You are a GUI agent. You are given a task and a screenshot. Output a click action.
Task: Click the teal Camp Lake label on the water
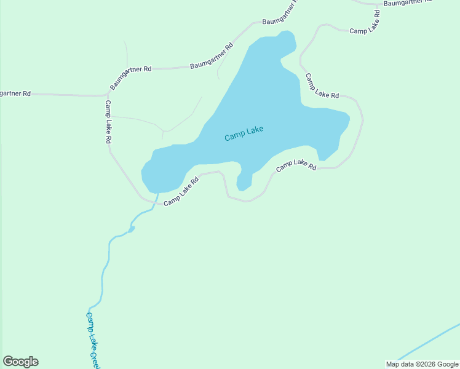pyautogui.click(x=244, y=133)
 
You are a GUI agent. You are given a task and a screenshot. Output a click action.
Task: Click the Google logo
pyautogui.click(x=20, y=362)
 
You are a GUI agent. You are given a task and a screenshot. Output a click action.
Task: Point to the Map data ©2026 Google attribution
pyautogui.click(x=422, y=364)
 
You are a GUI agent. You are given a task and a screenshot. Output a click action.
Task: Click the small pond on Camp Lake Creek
pyautogui.click(x=131, y=229)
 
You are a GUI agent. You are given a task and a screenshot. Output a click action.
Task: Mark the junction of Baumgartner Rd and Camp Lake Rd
pyautogui.click(x=106, y=96)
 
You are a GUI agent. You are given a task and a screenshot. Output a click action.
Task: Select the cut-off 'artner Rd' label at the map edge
pyautogui.click(x=15, y=93)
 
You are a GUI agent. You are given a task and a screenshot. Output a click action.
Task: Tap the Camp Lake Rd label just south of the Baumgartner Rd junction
pyautogui.click(x=108, y=122)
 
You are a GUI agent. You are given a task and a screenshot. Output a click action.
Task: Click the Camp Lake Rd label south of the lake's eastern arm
pyautogui.click(x=296, y=165)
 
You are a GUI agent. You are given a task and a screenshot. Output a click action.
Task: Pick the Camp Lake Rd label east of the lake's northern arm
pyautogui.click(x=322, y=87)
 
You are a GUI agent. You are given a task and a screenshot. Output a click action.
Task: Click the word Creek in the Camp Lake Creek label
pyautogui.click(x=96, y=359)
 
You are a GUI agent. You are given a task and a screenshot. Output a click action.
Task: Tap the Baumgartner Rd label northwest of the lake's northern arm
pyautogui.click(x=212, y=56)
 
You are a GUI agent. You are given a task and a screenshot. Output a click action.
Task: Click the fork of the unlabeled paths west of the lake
pyautogui.click(x=162, y=131)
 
